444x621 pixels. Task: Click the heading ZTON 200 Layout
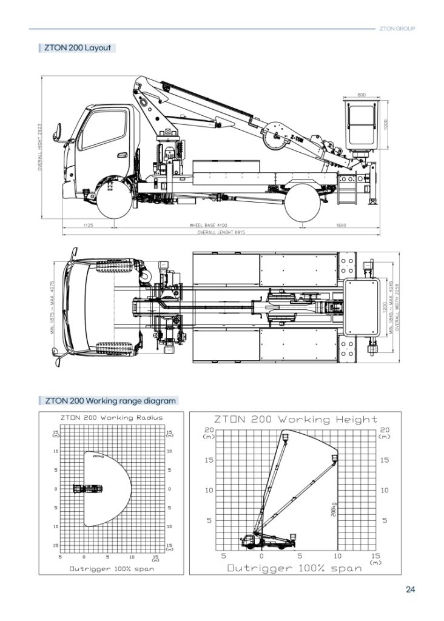tap(77, 47)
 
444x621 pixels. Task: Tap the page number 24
tap(410, 589)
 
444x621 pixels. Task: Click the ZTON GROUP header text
tap(397, 29)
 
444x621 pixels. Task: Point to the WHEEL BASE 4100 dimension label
tap(208, 225)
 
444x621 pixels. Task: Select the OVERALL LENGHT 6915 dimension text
tap(217, 233)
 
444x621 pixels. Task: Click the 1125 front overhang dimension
tap(88, 225)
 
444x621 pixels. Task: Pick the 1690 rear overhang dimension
tap(341, 225)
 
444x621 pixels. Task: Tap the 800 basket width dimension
tap(362, 95)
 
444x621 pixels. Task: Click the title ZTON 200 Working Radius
tap(112, 418)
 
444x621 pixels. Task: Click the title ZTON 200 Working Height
tap(296, 419)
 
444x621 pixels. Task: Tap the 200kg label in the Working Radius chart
tap(97, 456)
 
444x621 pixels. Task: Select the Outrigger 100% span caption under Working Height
tap(295, 568)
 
